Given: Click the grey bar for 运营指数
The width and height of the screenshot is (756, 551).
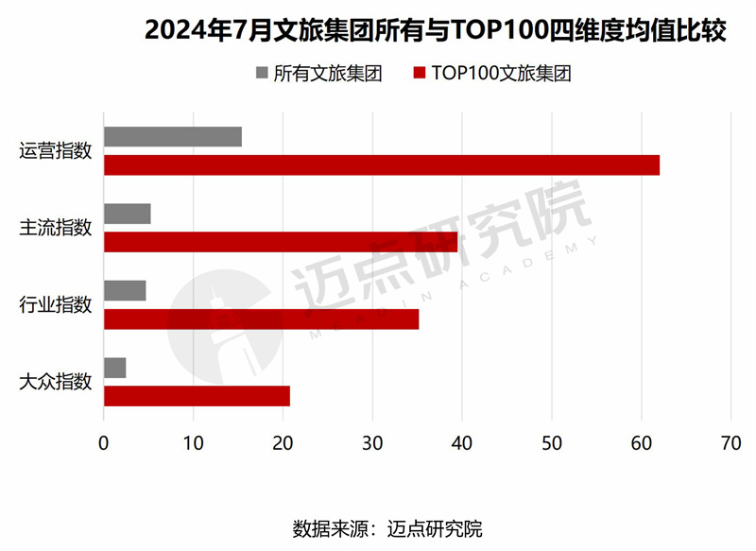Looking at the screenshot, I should (x=173, y=137).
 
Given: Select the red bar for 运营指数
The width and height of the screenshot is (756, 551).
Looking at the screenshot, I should (x=382, y=165).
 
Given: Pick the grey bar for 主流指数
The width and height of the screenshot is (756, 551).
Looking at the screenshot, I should (x=128, y=214).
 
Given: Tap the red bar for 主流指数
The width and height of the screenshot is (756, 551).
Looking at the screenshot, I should (x=281, y=242).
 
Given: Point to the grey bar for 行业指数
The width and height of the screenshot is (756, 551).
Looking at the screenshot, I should (x=125, y=290).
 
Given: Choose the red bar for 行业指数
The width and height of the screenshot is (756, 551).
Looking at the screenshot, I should (x=261, y=319).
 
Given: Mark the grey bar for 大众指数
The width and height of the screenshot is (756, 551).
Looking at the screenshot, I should (x=115, y=368).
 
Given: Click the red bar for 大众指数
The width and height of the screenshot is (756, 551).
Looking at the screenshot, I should (x=197, y=396).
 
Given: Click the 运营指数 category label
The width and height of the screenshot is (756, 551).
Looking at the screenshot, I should (x=56, y=151).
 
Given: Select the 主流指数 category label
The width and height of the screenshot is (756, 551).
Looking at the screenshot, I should (x=56, y=228).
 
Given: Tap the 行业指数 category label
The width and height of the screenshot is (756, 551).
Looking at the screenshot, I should (x=56, y=305).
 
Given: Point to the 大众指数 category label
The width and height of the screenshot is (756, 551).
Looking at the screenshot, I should (x=56, y=382).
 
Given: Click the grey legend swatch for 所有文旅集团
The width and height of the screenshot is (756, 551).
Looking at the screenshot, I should (x=262, y=74).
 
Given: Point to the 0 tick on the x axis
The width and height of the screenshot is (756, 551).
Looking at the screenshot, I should (x=104, y=440).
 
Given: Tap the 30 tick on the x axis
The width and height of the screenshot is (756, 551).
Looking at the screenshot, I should (x=372, y=440).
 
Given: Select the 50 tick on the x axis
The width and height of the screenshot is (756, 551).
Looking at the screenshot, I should (x=552, y=440).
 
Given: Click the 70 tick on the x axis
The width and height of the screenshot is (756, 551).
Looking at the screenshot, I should (x=730, y=440).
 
